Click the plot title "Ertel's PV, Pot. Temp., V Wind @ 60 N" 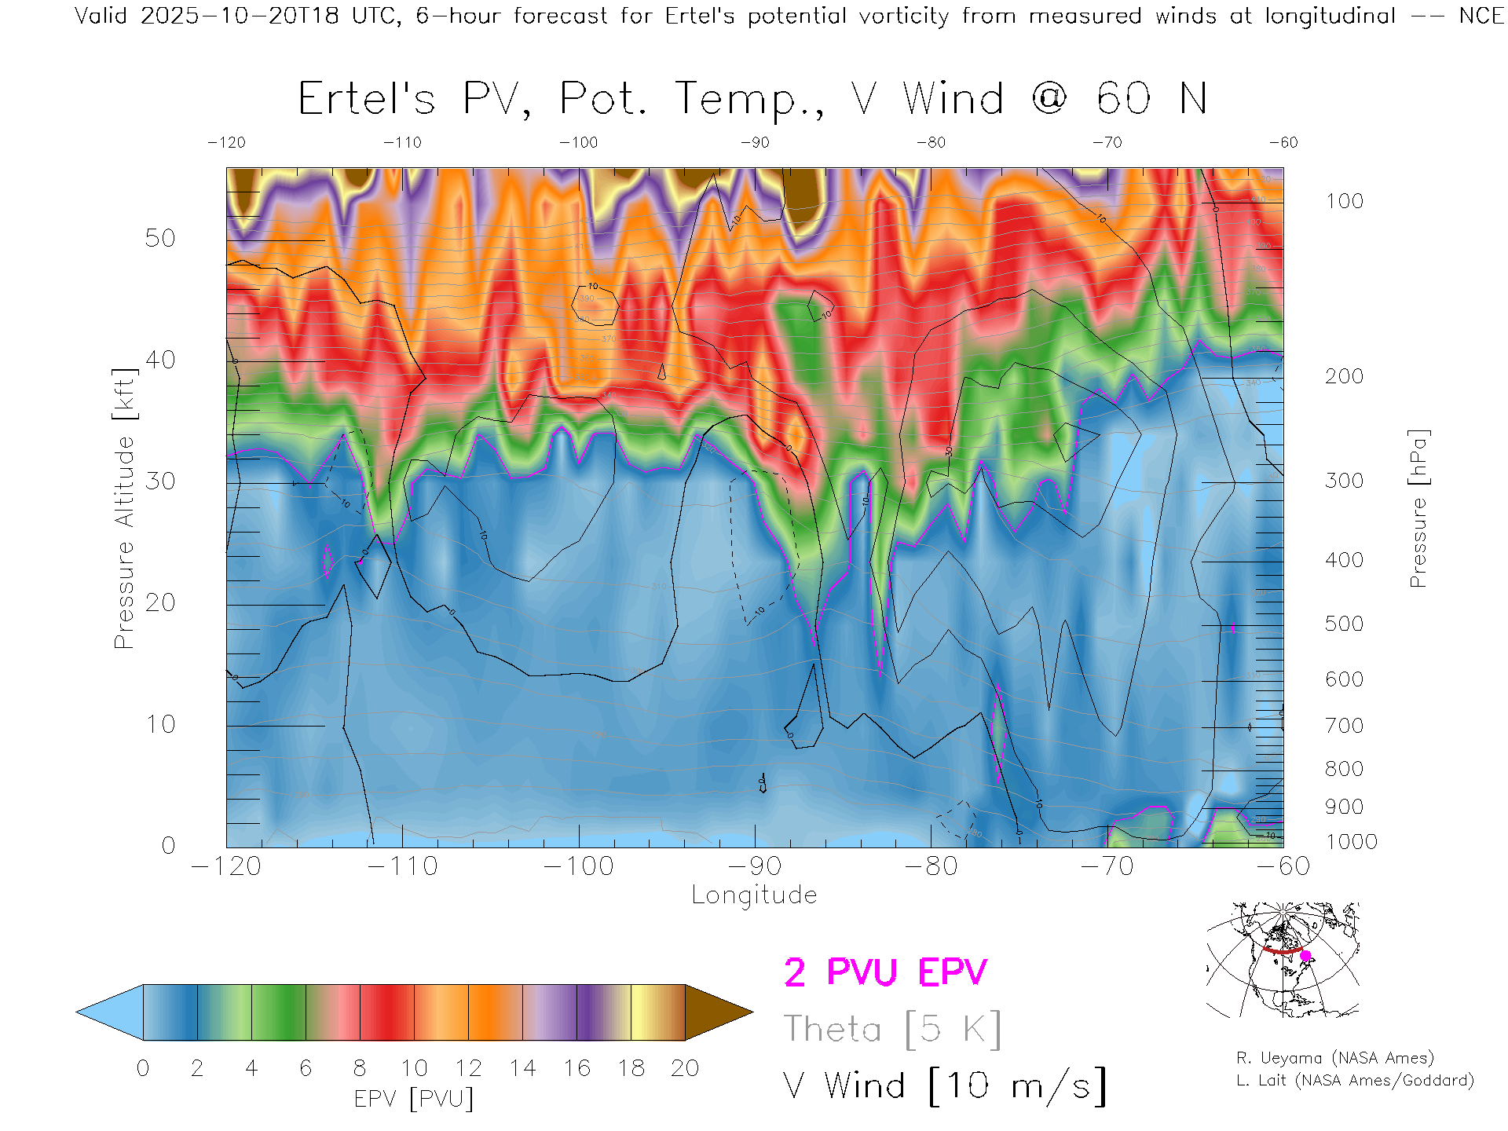click(x=752, y=99)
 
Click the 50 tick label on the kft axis click(x=159, y=238)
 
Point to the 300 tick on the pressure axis click(x=1344, y=481)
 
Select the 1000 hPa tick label click(x=1351, y=842)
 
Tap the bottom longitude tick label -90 click(x=755, y=866)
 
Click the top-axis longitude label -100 click(x=578, y=142)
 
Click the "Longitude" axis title click(x=754, y=895)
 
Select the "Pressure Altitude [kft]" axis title click(x=124, y=508)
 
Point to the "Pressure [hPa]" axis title click(x=1418, y=508)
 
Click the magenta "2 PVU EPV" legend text click(x=885, y=972)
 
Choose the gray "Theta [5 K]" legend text click(x=892, y=1029)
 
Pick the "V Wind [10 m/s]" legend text click(x=945, y=1086)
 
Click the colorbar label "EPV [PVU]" click(x=414, y=1099)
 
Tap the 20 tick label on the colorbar click(x=685, y=1068)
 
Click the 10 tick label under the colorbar click(x=414, y=1068)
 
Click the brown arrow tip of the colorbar click(x=727, y=1012)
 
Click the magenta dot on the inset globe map click(x=1305, y=956)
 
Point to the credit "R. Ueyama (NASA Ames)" click(x=1335, y=1058)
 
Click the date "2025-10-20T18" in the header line click(x=240, y=16)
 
